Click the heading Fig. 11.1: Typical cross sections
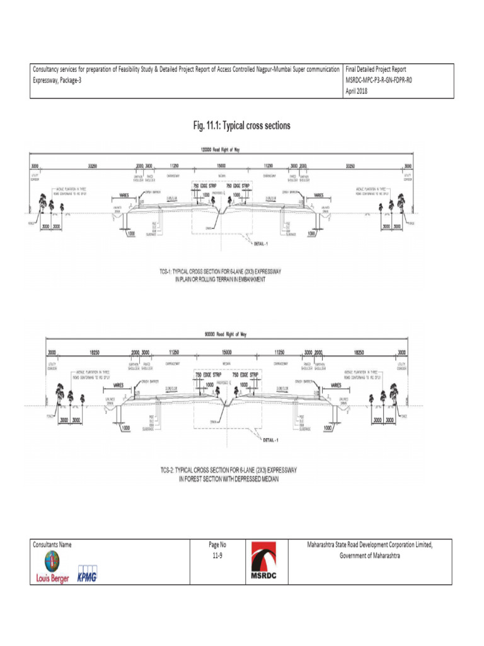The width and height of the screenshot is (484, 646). (241, 126)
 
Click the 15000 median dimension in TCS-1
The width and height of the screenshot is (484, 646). (222, 165)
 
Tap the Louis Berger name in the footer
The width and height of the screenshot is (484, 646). (52, 578)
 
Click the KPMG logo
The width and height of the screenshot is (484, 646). (86, 577)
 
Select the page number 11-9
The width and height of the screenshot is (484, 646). (217, 556)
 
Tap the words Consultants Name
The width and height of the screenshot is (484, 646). (52, 544)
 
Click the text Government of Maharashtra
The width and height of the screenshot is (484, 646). (370, 556)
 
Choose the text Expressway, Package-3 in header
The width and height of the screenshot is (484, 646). (57, 79)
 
